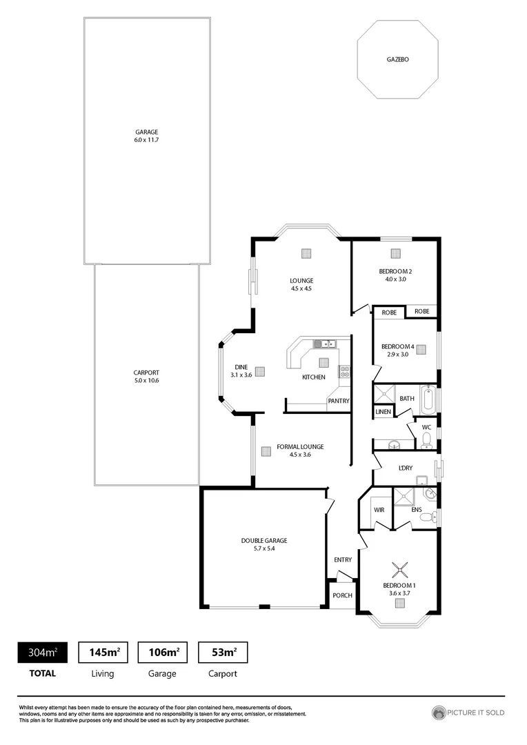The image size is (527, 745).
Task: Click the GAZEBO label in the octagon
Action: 397,60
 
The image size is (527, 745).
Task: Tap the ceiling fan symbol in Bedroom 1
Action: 399,569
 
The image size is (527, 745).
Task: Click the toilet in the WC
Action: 426,439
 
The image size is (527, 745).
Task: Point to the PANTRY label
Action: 338,401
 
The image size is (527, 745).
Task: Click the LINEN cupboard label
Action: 383,412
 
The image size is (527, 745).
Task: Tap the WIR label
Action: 379,510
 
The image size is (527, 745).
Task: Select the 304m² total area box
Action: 42,652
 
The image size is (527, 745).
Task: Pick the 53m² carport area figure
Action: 222,652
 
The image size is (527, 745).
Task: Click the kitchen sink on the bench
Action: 324,344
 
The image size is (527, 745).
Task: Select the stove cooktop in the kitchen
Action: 344,372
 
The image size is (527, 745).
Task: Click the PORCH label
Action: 342,595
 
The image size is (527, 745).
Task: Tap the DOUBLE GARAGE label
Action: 263,541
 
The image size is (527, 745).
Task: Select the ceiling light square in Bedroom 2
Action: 395,253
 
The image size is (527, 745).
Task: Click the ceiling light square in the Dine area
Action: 260,371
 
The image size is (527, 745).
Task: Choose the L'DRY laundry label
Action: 406,469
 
